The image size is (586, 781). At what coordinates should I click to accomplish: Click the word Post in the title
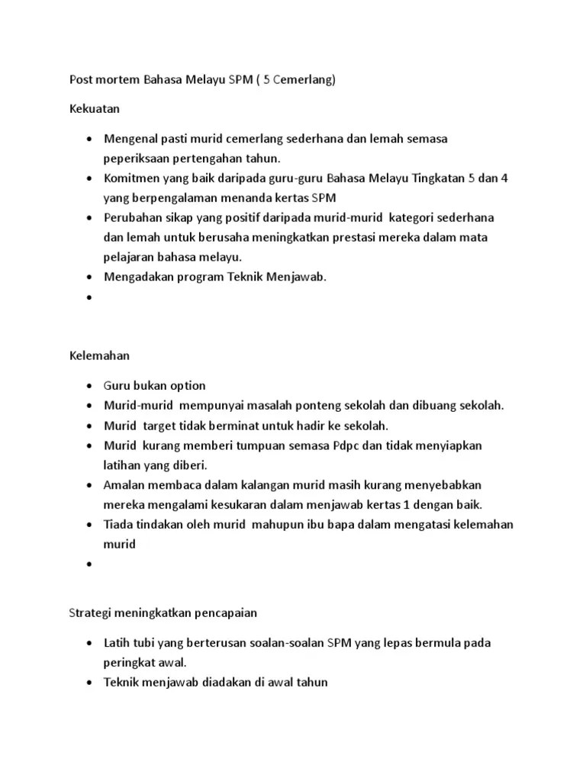point(81,79)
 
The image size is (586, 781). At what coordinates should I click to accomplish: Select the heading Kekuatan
point(95,109)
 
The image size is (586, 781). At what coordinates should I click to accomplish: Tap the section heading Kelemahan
point(99,355)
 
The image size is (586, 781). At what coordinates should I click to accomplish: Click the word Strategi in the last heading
point(89,612)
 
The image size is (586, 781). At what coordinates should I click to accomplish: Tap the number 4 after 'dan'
point(504,178)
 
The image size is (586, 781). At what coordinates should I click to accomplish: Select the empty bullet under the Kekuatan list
point(91,297)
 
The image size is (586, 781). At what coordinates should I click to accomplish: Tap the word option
point(187,385)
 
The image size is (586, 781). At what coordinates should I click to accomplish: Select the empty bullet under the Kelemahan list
point(91,564)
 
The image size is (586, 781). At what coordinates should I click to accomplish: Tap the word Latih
point(117,642)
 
